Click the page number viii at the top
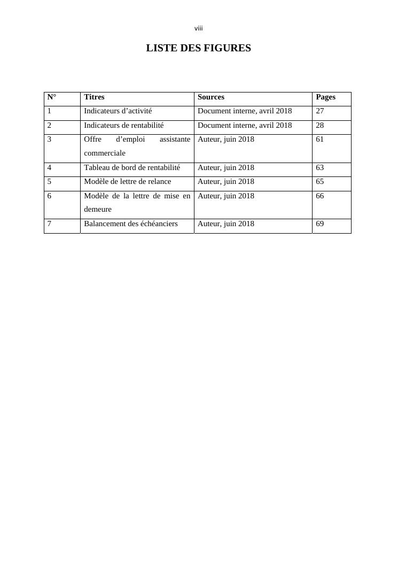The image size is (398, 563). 199,28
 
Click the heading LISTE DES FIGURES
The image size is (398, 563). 198,48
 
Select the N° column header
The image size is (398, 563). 52,97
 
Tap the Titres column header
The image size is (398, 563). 94,97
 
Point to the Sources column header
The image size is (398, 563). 211,97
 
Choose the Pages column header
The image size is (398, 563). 325,97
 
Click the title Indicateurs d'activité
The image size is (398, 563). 118,111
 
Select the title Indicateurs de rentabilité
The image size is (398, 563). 123,126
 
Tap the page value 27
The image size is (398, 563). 320,111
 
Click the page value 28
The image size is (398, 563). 320,126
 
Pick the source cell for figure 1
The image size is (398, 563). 245,111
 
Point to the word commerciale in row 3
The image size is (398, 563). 105,153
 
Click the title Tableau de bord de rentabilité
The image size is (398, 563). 132,168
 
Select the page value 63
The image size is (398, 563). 320,168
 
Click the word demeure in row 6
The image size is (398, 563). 98,209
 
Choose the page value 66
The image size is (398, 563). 320,196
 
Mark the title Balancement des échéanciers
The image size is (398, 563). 131,224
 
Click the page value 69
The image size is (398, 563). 320,224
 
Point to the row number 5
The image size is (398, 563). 50,182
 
